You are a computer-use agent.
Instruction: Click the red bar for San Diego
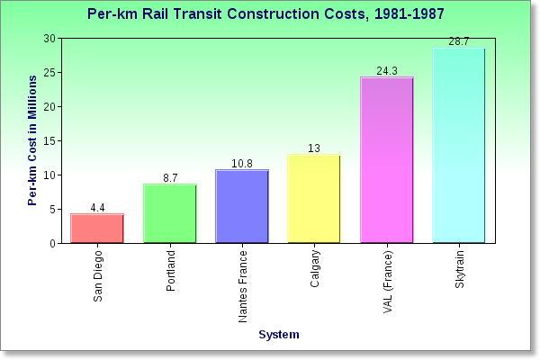(97, 229)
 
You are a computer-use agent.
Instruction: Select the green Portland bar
(170, 213)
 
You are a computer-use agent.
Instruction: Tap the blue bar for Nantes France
(242, 206)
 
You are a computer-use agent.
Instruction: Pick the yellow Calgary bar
(314, 199)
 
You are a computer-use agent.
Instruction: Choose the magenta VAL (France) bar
(386, 160)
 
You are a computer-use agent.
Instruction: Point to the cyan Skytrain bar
(458, 146)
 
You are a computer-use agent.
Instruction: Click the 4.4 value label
(97, 208)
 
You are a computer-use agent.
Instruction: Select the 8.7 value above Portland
(170, 178)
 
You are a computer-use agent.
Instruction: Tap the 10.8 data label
(242, 164)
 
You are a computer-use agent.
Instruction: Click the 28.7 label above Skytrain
(458, 41)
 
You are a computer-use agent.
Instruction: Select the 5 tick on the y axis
(52, 209)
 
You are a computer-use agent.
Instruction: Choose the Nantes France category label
(243, 286)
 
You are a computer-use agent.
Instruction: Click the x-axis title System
(278, 335)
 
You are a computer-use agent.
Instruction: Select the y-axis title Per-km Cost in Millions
(32, 140)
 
